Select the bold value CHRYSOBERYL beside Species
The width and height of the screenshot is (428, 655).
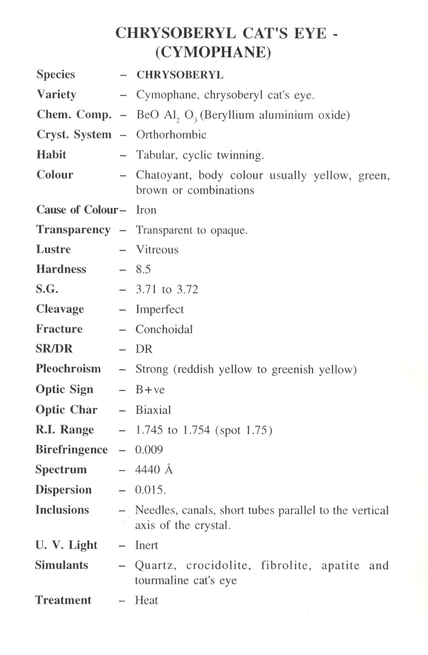click(180, 75)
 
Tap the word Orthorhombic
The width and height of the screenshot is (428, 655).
click(171, 135)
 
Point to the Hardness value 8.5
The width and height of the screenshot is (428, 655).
click(143, 269)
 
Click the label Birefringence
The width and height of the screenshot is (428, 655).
click(72, 449)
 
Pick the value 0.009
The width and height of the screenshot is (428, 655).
click(149, 450)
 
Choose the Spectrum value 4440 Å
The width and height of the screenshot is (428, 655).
click(154, 469)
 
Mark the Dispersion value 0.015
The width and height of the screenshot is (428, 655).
click(150, 490)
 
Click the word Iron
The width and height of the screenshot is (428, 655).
click(146, 210)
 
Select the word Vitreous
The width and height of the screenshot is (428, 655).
click(157, 250)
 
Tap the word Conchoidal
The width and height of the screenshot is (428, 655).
click(164, 329)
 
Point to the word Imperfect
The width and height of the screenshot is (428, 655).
click(160, 309)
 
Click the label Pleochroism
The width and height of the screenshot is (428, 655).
click(68, 369)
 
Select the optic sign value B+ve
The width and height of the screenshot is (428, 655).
click(150, 389)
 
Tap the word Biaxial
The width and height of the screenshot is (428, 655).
click(153, 410)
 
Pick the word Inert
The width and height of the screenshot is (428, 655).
click(146, 545)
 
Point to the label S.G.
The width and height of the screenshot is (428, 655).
click(47, 289)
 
